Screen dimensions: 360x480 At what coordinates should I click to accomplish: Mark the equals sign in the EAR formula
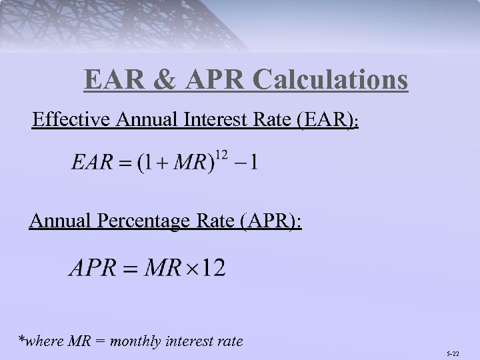click(126, 164)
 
